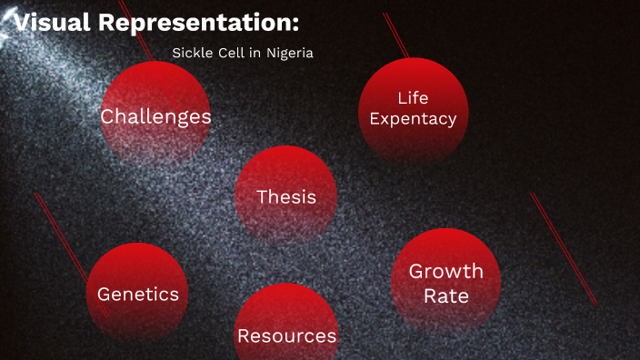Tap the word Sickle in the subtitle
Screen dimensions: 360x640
(x=192, y=53)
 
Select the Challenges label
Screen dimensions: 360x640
(x=155, y=116)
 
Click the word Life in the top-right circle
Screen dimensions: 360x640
(x=413, y=98)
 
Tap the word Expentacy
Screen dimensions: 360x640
(x=413, y=118)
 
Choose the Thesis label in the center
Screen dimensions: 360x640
(x=286, y=196)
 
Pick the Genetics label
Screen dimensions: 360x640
(x=138, y=295)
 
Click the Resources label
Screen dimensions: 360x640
(x=286, y=335)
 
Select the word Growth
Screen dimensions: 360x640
(x=445, y=272)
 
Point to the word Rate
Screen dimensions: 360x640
(x=445, y=295)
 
